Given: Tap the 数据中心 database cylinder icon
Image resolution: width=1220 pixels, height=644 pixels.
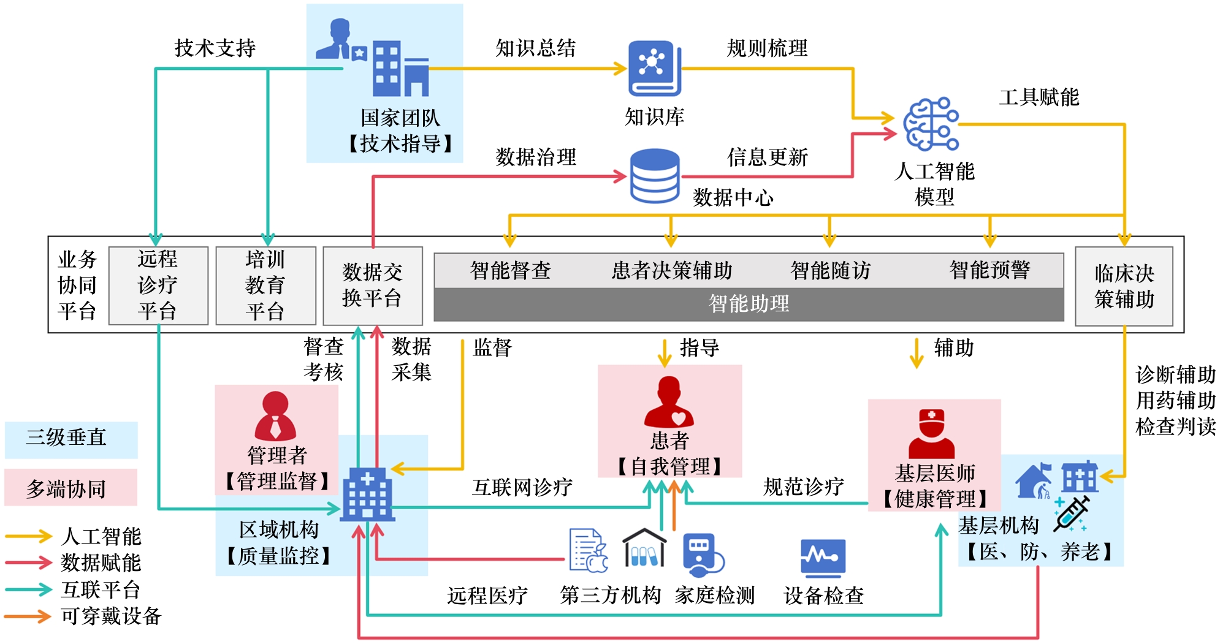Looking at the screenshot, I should [655, 176].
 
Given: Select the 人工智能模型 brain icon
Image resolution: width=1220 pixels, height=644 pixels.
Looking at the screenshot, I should [931, 124].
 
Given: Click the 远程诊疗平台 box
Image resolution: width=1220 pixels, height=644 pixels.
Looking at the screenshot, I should [158, 286].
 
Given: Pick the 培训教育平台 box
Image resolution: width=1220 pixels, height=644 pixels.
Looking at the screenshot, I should [265, 286].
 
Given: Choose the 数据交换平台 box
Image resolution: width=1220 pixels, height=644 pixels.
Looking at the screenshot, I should [373, 286].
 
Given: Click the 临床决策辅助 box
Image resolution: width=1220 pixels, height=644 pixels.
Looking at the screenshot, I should [1124, 286].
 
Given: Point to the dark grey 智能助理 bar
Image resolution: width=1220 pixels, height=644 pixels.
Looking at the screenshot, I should [749, 304].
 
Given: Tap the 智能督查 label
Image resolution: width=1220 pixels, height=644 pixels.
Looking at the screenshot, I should [510, 270].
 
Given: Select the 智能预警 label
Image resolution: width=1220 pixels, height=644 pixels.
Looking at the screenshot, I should [989, 270].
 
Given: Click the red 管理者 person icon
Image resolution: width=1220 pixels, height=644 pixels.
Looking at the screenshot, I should [275, 416].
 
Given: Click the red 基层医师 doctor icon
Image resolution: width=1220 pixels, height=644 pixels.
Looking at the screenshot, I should [932, 434].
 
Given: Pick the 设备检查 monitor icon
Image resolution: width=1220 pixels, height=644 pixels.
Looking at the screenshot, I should [823, 558].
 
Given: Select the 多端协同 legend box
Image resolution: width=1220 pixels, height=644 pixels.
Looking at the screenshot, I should [71, 488].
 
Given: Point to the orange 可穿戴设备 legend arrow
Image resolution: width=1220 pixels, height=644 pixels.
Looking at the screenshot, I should [28, 616].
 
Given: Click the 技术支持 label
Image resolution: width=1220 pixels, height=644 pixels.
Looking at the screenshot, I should [215, 48].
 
